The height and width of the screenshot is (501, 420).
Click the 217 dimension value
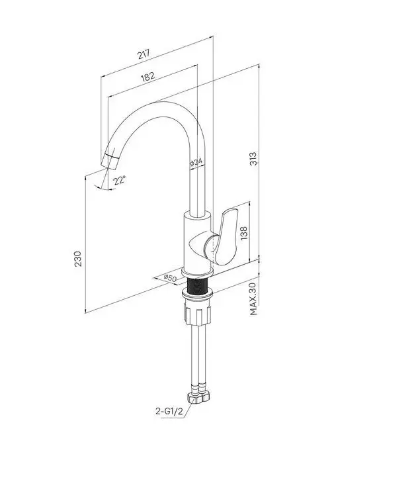tap(144, 54)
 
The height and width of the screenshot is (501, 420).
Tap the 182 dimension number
tap(147, 77)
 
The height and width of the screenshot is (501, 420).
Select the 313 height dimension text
tap(253, 159)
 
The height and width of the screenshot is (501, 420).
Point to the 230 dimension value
tap(78, 259)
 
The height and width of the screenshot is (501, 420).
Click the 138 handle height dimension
tap(243, 233)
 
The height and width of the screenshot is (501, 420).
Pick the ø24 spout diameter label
tap(196, 163)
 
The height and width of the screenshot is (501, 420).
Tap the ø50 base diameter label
tap(170, 278)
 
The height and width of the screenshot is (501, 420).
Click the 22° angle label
tap(120, 180)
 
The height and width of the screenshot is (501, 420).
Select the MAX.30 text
tap(253, 299)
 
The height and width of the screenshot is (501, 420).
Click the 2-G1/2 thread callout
tap(169, 412)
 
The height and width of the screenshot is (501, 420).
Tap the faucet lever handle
tap(226, 237)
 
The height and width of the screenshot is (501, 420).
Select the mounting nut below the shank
tap(198, 314)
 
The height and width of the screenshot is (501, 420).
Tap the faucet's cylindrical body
tap(197, 242)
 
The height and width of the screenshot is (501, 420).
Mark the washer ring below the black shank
tap(197, 294)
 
